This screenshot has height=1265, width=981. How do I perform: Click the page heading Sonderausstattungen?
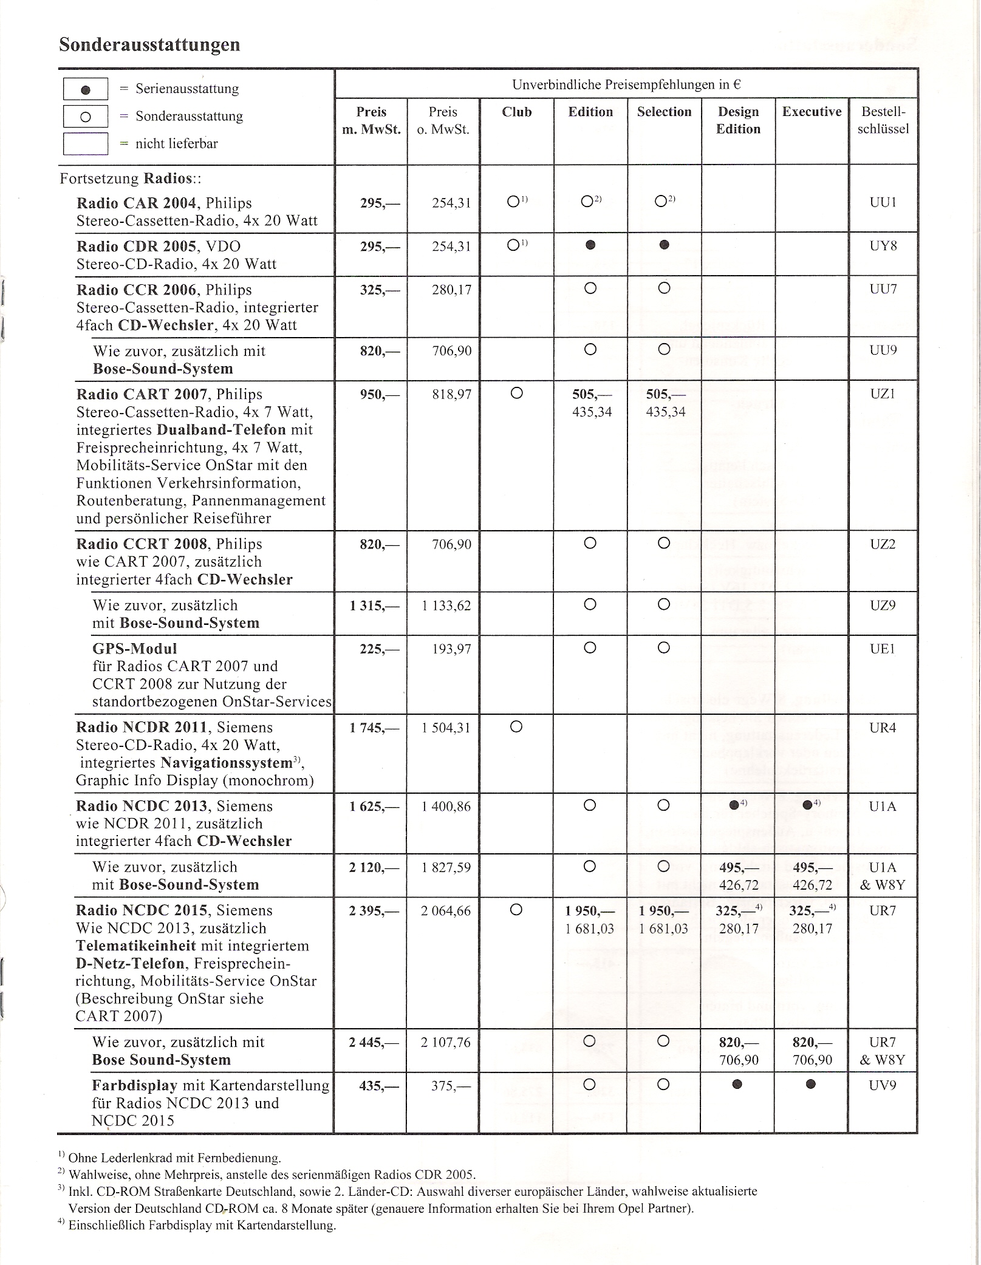(149, 45)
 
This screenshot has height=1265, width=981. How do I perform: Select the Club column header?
(517, 112)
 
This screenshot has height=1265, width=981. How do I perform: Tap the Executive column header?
(812, 112)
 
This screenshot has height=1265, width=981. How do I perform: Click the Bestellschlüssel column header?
(883, 120)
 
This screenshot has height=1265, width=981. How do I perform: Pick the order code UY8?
(883, 246)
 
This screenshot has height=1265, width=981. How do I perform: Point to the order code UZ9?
(883, 605)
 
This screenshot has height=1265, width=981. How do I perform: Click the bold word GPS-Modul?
(134, 649)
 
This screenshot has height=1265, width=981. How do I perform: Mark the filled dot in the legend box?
(86, 89)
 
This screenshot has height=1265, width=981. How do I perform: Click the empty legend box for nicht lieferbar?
(86, 144)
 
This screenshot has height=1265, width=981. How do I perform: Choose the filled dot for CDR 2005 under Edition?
(590, 245)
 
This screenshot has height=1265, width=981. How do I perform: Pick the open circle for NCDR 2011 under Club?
(516, 726)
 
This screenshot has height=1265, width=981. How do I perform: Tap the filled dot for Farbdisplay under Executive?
(811, 1084)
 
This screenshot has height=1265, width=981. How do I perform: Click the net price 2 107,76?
(446, 1043)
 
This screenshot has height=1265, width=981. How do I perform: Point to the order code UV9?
(883, 1085)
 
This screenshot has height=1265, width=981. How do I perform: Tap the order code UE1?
(883, 649)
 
